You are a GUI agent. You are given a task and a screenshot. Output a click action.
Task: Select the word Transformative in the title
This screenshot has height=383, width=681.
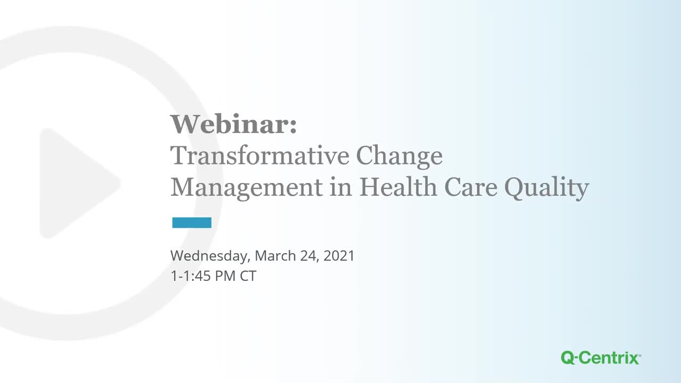pos(260,155)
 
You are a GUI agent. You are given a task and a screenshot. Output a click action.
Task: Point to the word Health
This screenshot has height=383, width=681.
pos(398,186)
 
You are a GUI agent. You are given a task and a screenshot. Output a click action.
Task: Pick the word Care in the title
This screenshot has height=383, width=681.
pos(471,187)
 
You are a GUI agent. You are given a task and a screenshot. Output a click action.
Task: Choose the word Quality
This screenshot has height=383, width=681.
pos(546,188)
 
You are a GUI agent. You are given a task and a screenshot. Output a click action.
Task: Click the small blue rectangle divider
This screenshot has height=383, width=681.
pos(192,222)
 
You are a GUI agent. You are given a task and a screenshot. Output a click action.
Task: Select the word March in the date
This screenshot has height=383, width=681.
pos(275,255)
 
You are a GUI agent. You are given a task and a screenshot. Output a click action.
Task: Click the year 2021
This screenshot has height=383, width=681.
pos(339,256)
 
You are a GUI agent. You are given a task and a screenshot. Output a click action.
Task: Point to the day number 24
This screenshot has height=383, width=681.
pos(310,256)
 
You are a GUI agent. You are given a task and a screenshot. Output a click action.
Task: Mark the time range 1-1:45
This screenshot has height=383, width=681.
pos(190,276)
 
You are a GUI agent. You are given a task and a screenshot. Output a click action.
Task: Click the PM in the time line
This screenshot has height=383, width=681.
pos(225,276)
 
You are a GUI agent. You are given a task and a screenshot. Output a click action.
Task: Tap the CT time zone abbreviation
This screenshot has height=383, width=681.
pos(248,276)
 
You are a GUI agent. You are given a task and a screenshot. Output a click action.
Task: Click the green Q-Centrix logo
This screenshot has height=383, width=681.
pos(601,358)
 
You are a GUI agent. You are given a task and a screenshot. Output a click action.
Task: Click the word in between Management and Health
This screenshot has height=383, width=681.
pos(341,186)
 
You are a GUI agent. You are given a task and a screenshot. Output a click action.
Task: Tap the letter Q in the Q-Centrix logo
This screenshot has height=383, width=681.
pos(568,358)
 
